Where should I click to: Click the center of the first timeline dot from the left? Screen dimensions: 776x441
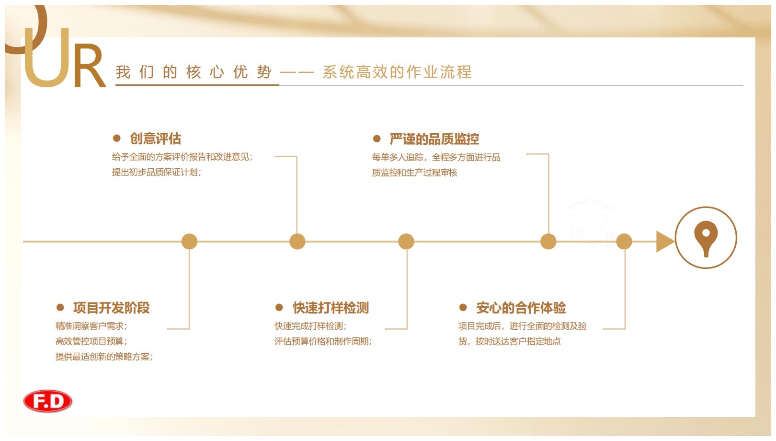189,241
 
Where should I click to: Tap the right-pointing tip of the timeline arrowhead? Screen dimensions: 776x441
674,241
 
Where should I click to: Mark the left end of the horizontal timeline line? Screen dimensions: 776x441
23,241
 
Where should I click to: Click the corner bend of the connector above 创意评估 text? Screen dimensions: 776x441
297,157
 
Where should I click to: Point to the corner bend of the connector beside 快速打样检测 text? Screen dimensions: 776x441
407,328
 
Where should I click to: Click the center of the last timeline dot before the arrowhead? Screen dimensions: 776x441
624,241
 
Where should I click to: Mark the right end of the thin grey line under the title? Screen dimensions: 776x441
743,85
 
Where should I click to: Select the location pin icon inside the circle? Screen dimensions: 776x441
706,238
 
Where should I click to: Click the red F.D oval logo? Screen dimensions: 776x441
48,402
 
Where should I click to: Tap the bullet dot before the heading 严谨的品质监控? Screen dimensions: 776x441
377,139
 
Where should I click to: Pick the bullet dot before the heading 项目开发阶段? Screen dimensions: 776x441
60,308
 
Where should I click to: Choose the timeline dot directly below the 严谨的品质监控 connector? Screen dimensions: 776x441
548,241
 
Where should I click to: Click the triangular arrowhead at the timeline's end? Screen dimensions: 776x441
664,241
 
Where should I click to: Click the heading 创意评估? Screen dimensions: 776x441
156,139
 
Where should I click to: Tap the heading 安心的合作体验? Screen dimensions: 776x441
521,308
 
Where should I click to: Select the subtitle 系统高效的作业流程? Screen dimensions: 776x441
398,72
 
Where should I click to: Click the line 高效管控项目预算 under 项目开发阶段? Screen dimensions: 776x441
91,341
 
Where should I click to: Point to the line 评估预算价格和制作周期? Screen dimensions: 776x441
323,341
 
